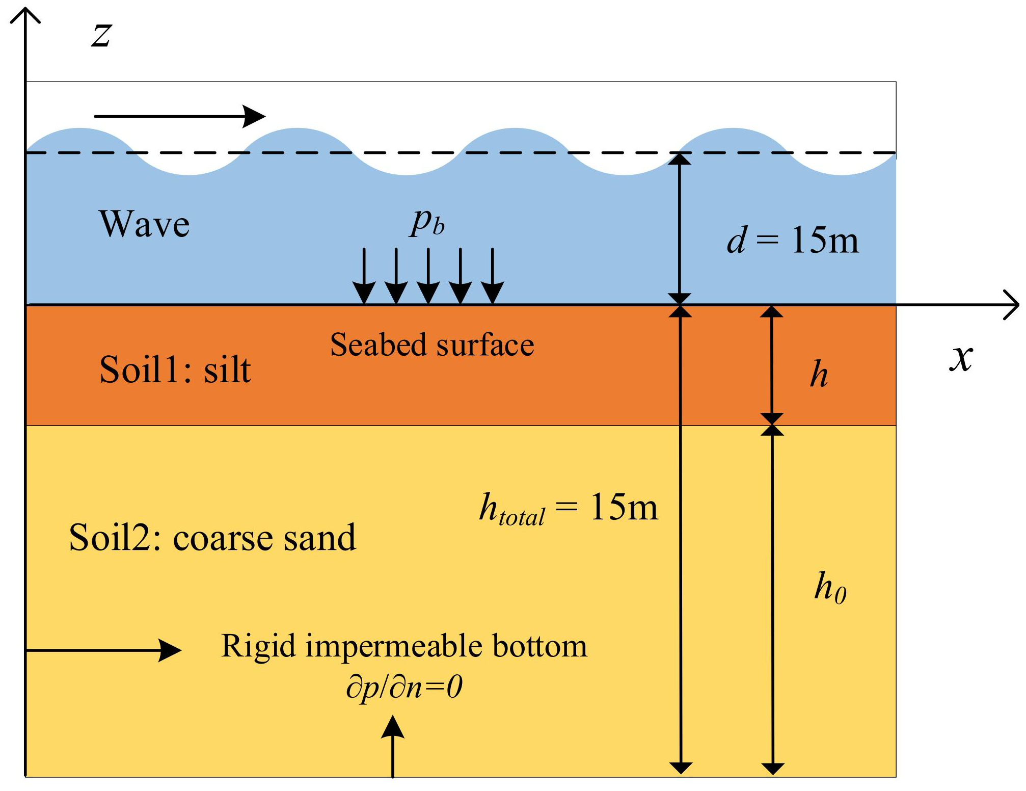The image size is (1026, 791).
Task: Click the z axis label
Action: click(x=101, y=36)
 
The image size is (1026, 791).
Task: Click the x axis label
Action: click(x=961, y=358)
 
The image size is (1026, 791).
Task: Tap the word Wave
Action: click(x=145, y=224)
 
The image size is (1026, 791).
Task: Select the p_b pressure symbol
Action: click(x=427, y=222)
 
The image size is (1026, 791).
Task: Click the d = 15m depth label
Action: click(x=792, y=240)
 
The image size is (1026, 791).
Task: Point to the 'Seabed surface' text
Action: click(x=432, y=345)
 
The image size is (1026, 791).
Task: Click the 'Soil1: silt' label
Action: click(x=175, y=370)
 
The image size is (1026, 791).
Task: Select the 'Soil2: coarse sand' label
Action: click(x=212, y=538)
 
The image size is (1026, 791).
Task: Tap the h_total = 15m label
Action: click(x=569, y=508)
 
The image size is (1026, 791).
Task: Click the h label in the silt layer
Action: click(x=819, y=374)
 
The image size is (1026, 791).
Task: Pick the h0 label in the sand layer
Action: click(x=830, y=588)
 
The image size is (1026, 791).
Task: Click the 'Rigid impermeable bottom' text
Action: click(x=404, y=646)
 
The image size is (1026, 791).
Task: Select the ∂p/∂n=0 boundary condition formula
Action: click(x=404, y=687)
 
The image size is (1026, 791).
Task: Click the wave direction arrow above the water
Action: click(x=179, y=116)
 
